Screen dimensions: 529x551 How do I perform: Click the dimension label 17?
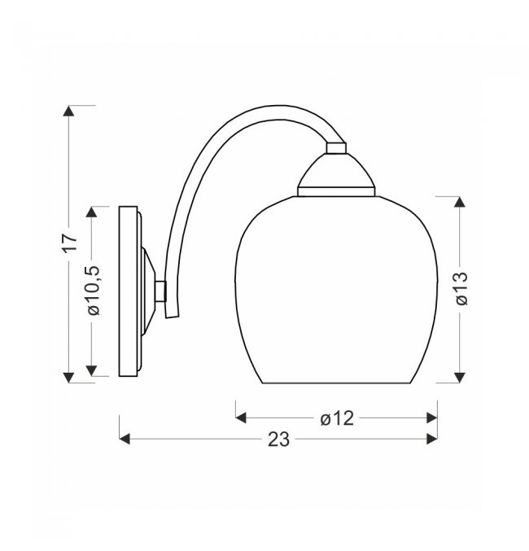pyautogui.click(x=70, y=243)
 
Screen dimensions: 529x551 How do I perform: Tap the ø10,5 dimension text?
pyautogui.click(x=94, y=291)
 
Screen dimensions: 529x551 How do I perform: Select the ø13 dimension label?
pyautogui.click(x=462, y=288)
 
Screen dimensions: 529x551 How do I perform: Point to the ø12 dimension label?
pyautogui.click(x=337, y=418)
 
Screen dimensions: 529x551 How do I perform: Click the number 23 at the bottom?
pyautogui.click(x=278, y=439)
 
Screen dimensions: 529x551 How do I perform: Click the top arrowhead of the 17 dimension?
pyautogui.click(x=68, y=111)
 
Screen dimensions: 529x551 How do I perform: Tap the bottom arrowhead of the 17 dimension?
pyautogui.click(x=68, y=378)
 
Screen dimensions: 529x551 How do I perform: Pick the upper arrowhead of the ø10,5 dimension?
pyautogui.click(x=91, y=212)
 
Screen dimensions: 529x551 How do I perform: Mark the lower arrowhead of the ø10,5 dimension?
pyautogui.click(x=91, y=371)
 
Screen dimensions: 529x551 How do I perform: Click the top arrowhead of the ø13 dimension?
pyautogui.click(x=459, y=202)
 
